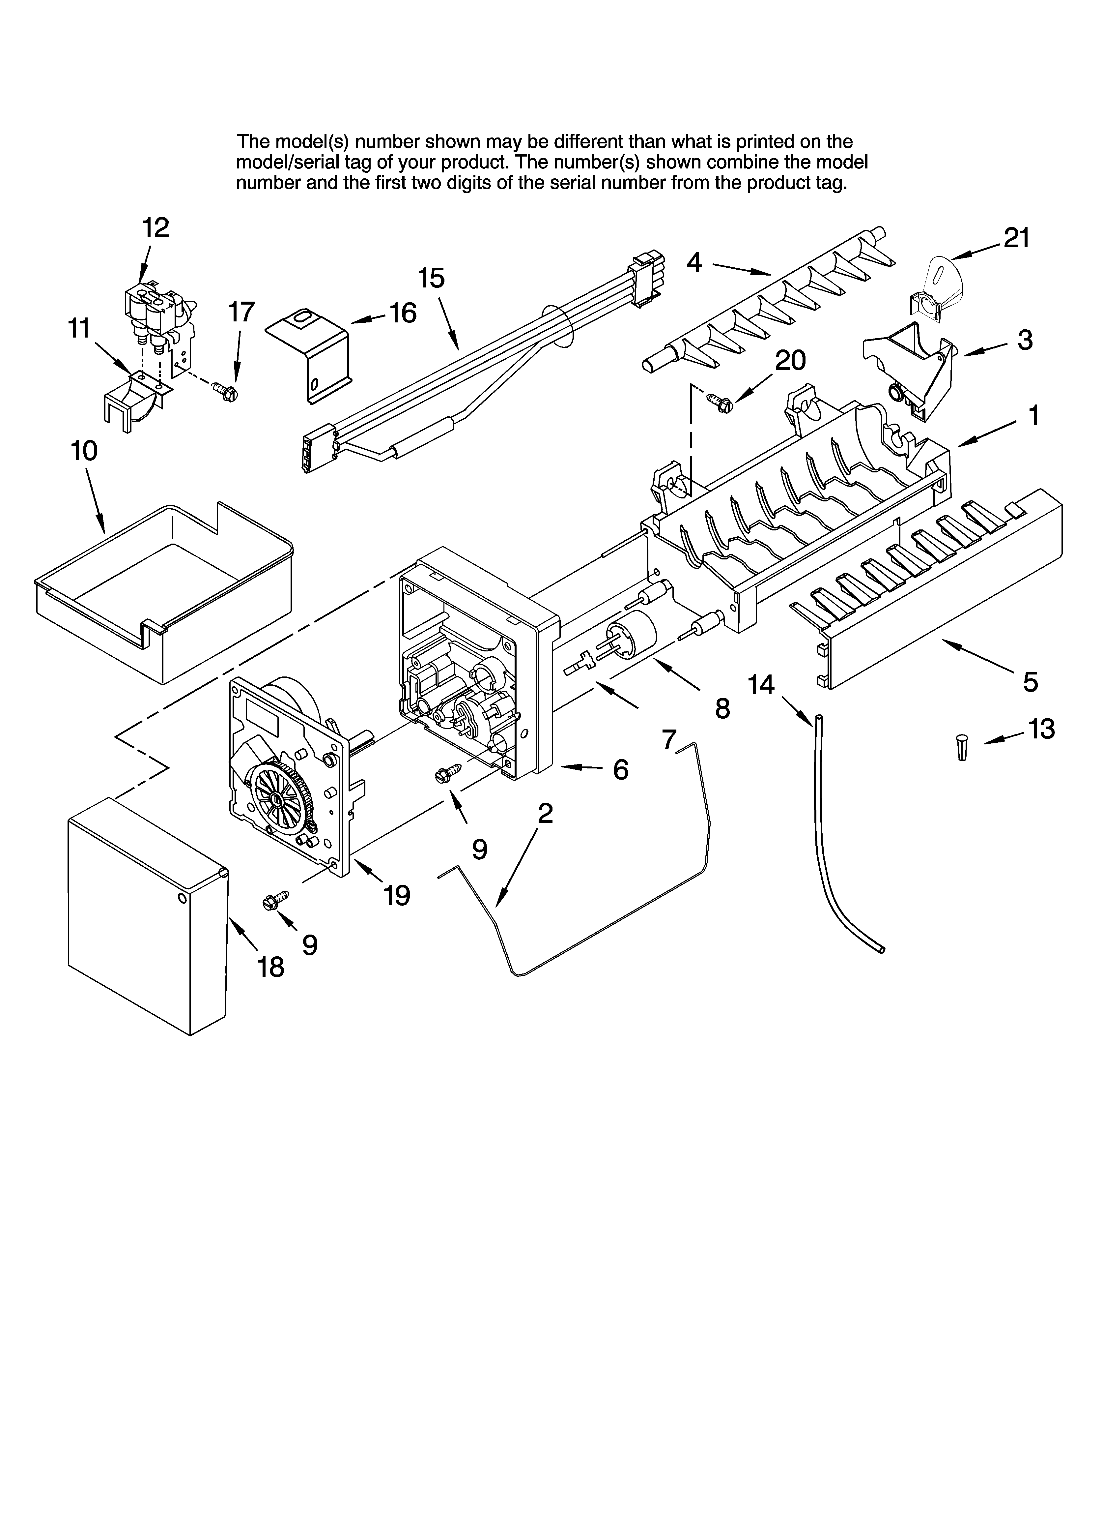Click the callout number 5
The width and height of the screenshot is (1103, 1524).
[x=1030, y=682]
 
